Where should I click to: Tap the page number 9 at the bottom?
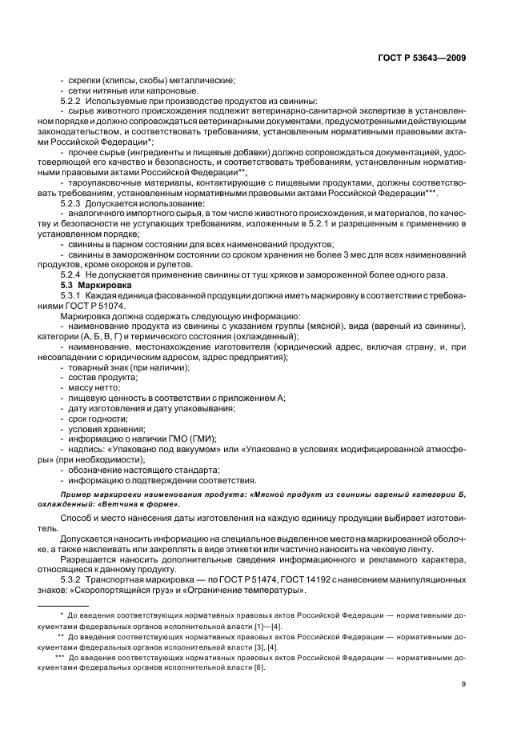click(x=463, y=683)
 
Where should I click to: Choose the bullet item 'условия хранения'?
click(x=103, y=429)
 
